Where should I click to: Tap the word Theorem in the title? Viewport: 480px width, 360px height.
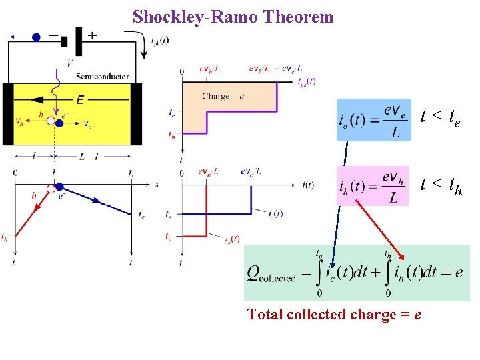coord(299,17)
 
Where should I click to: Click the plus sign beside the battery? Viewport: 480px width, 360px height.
coord(92,35)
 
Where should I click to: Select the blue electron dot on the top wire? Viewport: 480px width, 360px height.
coord(36,37)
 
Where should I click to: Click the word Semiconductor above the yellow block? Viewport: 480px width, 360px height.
coord(103,77)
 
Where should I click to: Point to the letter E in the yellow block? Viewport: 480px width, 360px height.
coord(80,100)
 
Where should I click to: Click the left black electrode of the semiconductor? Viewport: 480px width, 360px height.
coord(8,113)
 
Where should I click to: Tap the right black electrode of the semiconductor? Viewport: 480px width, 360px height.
coord(136,113)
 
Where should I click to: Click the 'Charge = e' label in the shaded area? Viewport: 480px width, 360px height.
coord(223,97)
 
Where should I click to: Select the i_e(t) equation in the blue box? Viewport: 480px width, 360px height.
coord(373,121)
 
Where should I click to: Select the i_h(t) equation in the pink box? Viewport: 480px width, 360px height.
coord(373,186)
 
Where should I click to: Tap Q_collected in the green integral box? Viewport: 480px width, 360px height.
coord(272,273)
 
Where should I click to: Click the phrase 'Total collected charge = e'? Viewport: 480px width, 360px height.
coord(333,315)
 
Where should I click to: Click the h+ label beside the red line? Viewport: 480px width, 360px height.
coord(37,195)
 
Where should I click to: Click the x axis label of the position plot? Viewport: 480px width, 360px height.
coord(157,183)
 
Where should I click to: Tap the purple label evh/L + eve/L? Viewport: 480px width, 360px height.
coord(275,68)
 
